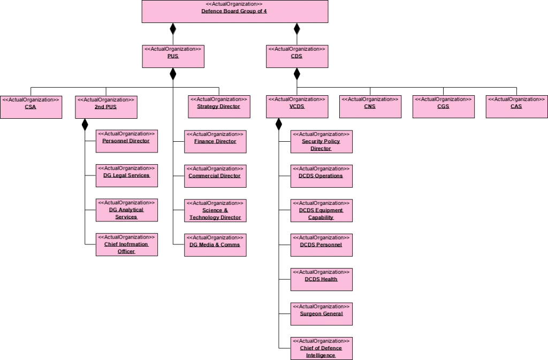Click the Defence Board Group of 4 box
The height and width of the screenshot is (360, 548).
click(234, 11)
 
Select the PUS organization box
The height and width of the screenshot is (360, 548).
click(173, 56)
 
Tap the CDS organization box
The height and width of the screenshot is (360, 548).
click(296, 56)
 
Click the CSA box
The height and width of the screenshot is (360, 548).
click(31, 106)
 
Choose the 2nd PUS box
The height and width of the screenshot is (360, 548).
click(106, 106)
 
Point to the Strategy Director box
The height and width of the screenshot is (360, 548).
click(218, 106)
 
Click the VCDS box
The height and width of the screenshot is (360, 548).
click(296, 106)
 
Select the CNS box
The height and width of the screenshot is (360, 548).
click(370, 106)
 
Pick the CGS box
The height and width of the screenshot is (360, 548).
click(443, 106)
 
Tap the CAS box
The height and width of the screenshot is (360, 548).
click(516, 106)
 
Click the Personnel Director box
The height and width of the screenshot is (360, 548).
click(126, 141)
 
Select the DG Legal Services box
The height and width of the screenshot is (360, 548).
click(126, 175)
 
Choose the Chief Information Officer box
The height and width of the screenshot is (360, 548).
click(126, 244)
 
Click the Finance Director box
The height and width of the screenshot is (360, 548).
click(215, 141)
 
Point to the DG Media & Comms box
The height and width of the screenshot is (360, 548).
click(215, 244)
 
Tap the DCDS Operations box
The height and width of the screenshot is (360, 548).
click(321, 175)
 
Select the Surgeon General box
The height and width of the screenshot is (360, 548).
click(321, 313)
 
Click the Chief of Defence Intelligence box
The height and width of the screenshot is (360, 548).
click(321, 348)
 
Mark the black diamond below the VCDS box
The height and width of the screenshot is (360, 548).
click(278, 124)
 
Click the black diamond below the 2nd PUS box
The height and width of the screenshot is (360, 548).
click(85, 124)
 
